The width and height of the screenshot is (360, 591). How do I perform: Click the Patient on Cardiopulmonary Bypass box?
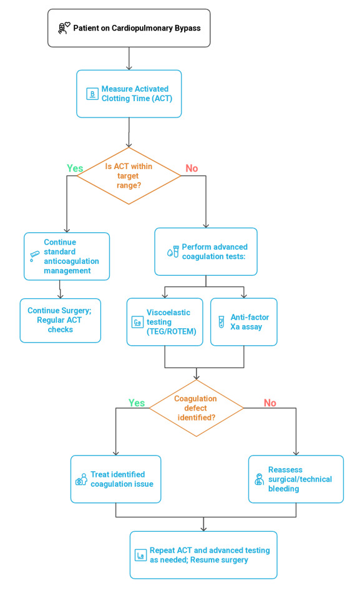pos(129,28)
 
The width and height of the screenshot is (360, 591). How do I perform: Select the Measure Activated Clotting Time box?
pos(129,94)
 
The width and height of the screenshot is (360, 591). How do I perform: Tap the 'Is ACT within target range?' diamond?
pos(129,175)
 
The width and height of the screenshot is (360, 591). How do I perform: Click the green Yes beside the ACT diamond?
pos(75,168)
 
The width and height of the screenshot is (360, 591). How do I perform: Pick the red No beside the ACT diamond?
pos(192,168)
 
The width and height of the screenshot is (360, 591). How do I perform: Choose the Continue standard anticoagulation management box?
pos(67,256)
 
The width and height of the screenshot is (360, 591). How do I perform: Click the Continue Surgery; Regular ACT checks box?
pos(61,320)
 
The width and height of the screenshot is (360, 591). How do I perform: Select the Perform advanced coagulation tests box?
pos(206,252)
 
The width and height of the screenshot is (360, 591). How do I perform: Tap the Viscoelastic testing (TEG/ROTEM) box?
pos(165,322)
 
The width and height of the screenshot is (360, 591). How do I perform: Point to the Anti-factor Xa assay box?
pos(244,322)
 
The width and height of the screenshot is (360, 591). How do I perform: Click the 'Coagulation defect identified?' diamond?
pos(197,408)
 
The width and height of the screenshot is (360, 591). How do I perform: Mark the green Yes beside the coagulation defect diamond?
pos(137,403)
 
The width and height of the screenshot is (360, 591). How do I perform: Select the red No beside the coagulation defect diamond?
pos(270,403)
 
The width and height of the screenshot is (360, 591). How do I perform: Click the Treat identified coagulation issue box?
pos(115,479)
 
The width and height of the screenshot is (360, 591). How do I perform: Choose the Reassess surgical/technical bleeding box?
pos(296,479)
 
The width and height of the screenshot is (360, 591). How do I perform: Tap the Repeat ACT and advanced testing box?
pos(203,555)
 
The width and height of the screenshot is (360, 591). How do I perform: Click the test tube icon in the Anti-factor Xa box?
pos(221,322)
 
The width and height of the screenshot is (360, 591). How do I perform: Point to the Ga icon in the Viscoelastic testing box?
pos(137,322)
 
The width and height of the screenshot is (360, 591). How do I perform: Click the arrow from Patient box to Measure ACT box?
pos(129,59)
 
